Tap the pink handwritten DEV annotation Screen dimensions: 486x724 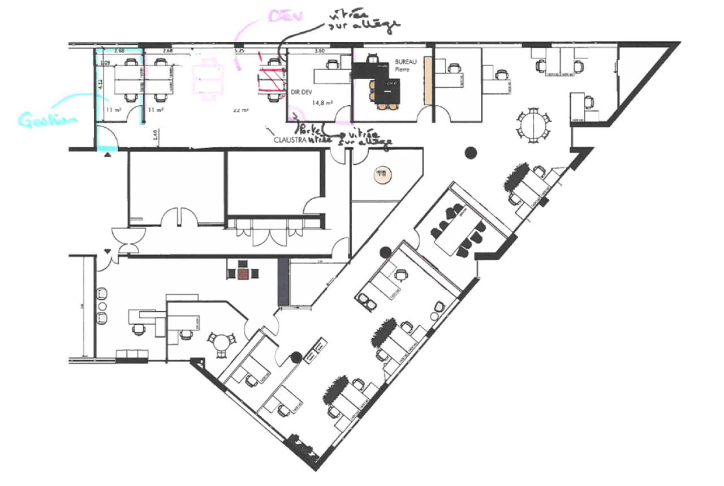pyautogui.click(x=286, y=16)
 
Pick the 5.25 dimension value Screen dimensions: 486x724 pyautogui.click(x=239, y=50)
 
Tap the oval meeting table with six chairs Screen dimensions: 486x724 pyautogui.click(x=532, y=126)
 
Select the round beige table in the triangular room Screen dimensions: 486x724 pyautogui.click(x=381, y=174)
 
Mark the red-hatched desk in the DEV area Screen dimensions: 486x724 pyautogui.click(x=270, y=80)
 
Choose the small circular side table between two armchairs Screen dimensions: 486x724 pyautogui.click(x=102, y=306)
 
